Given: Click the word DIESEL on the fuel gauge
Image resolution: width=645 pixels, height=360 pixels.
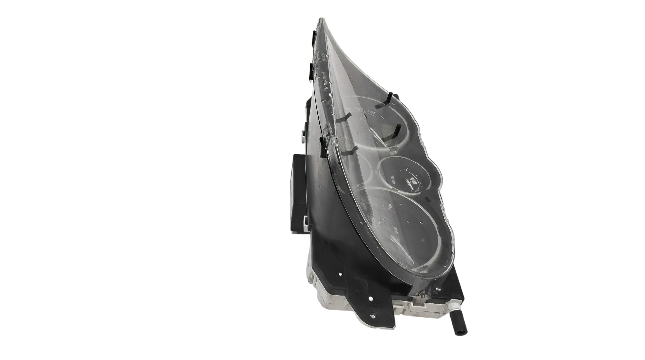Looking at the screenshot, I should (x=394, y=179).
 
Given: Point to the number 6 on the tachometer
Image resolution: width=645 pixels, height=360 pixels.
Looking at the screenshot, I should (x=390, y=206).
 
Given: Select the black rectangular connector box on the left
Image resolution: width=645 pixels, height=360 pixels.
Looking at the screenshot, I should (x=298, y=193).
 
